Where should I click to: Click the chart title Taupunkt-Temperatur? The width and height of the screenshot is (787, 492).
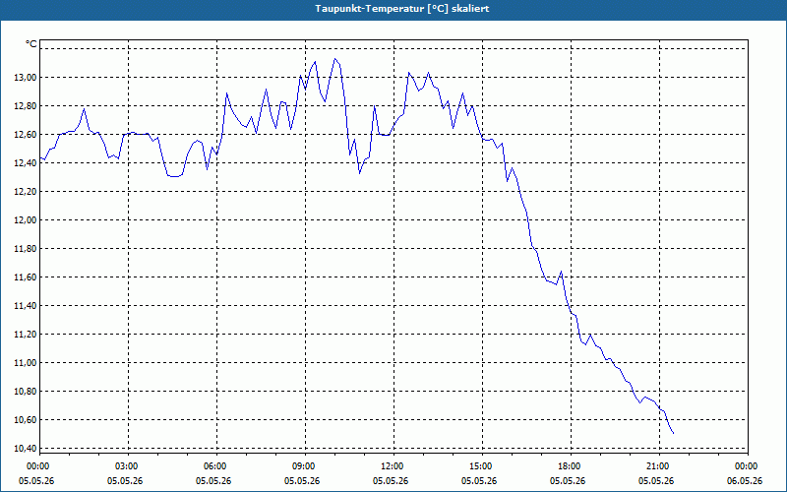click(370, 9)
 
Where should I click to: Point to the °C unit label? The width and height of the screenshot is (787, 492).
click(31, 44)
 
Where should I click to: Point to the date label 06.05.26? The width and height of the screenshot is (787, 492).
click(745, 480)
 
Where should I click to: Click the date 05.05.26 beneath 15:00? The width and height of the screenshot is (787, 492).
click(479, 480)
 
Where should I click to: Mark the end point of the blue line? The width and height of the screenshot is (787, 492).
click(673, 433)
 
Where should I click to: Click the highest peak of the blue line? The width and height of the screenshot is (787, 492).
click(334, 59)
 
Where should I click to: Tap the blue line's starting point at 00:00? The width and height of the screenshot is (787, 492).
click(40, 157)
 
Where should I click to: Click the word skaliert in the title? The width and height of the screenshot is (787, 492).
click(473, 9)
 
